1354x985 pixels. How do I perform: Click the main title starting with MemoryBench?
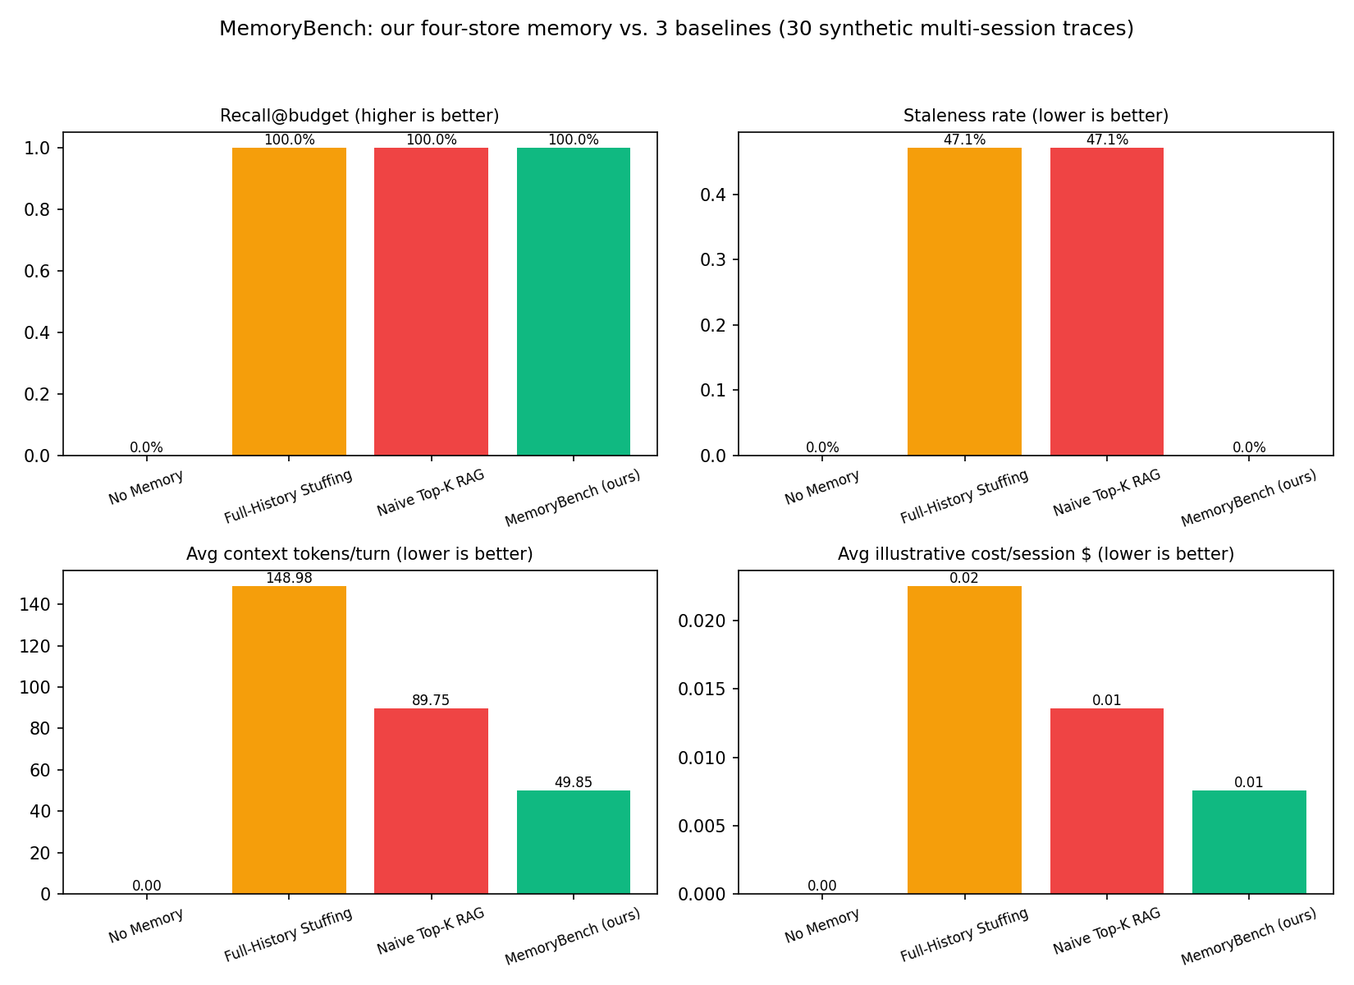pyautogui.click(x=676, y=29)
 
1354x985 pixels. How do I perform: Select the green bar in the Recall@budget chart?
pyautogui.click(x=574, y=302)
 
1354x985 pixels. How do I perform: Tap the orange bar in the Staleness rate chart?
pyautogui.click(x=965, y=302)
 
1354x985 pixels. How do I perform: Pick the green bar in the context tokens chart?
pyautogui.click(x=574, y=842)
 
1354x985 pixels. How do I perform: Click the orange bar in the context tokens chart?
pyautogui.click(x=289, y=740)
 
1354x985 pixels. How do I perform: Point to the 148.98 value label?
pyautogui.click(x=289, y=578)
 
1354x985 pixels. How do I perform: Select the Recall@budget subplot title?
pyautogui.click(x=359, y=116)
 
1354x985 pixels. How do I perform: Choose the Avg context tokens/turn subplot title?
pyautogui.click(x=359, y=554)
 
